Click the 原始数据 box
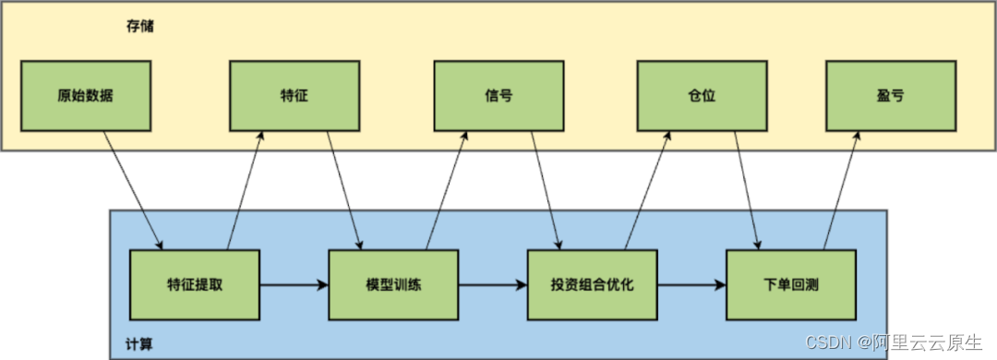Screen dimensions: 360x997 [x=85, y=96]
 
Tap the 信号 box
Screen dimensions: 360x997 [x=498, y=96]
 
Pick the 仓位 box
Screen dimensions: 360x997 [x=703, y=96]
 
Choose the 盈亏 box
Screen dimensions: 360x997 [x=890, y=96]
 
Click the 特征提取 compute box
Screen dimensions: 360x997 [x=195, y=284]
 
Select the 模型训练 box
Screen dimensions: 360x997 [x=394, y=284]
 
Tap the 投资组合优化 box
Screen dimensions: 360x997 [x=592, y=284]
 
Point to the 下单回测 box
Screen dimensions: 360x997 [x=791, y=284]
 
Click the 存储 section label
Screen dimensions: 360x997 [x=140, y=26]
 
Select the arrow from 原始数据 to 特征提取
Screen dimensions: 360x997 [x=134, y=190]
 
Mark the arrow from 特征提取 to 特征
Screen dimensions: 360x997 [x=246, y=190]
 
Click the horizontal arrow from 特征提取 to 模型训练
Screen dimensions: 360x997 [x=294, y=285]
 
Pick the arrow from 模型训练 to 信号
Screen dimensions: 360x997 [x=445, y=190]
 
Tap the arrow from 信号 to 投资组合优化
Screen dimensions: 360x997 [x=546, y=190]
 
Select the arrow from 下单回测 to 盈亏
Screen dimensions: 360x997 [x=841, y=190]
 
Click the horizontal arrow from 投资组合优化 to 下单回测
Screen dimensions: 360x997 [x=691, y=285]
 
